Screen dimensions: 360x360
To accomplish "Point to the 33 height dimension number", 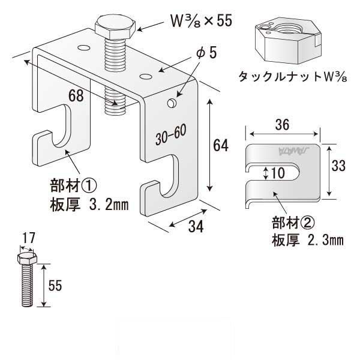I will click(x=338, y=166).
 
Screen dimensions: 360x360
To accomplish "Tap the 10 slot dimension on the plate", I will click(x=276, y=174).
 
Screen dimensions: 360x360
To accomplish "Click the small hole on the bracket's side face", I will click(x=173, y=103).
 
